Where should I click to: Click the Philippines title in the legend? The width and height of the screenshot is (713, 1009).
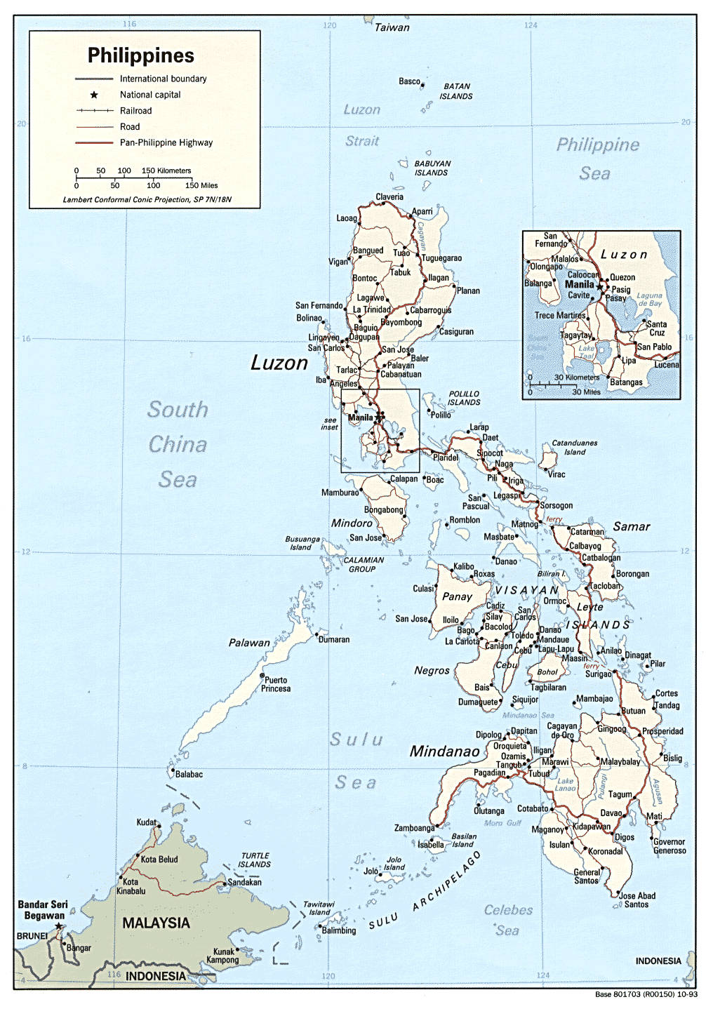[x=140, y=55]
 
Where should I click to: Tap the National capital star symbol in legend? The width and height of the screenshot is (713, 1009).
[x=94, y=95]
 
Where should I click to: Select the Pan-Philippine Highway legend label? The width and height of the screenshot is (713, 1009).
[x=166, y=142]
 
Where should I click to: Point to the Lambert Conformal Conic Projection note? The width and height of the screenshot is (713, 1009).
[x=147, y=199]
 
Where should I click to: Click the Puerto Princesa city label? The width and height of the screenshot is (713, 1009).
[x=276, y=684]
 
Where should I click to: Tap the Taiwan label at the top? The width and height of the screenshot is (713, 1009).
[x=392, y=27]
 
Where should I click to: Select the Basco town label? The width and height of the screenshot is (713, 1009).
[x=409, y=81]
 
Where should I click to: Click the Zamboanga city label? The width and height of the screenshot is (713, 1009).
[x=414, y=828]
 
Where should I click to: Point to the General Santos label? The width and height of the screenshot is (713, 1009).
[x=587, y=876]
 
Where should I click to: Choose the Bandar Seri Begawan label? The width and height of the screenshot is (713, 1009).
[x=43, y=910]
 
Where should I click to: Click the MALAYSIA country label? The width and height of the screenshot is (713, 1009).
[x=156, y=923]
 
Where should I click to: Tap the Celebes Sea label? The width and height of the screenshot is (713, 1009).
[x=508, y=920]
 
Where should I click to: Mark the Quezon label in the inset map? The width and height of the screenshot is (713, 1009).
[x=622, y=277]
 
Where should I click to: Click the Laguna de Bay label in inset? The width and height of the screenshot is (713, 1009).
[x=649, y=300]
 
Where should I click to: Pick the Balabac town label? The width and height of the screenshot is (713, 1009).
[x=189, y=774]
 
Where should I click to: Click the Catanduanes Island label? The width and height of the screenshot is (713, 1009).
[x=574, y=448]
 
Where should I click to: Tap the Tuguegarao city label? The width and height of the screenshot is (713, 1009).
[x=441, y=258]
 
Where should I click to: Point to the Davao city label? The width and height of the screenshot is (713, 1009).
[x=611, y=813]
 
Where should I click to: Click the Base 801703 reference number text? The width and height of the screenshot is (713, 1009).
[x=646, y=994]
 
